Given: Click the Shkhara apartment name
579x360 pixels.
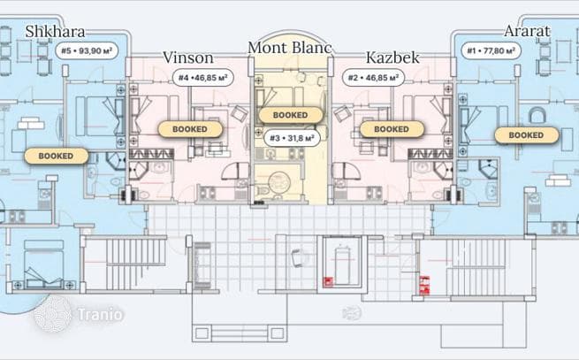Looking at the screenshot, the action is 55,32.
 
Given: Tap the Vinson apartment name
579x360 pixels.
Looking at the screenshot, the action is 188,57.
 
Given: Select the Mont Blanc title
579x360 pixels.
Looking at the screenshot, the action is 290,48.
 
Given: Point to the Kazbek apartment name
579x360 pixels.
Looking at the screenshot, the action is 392,57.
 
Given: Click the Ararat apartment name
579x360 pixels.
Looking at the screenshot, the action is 527,31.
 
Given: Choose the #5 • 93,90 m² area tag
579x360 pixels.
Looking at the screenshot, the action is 87,50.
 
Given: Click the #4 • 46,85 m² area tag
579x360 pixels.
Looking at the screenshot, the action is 203,78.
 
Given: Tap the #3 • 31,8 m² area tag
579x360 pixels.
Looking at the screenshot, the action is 292,138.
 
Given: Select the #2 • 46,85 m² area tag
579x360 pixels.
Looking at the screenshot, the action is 373,78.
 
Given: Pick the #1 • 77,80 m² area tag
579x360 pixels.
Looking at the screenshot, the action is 491,50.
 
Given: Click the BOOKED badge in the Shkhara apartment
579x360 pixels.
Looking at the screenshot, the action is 56,156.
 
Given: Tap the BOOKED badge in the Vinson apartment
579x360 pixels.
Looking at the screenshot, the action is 190,129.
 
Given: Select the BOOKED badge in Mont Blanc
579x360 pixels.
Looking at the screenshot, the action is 290,115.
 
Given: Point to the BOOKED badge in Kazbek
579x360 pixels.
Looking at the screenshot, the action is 392,129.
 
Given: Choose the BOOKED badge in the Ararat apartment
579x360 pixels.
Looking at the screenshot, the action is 526,135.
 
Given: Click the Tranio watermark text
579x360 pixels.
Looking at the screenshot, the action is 100,315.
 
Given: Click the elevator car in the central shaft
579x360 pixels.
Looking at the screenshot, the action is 342,265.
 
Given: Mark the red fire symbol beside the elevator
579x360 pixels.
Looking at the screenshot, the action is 328,282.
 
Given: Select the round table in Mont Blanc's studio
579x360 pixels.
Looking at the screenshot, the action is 279,182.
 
